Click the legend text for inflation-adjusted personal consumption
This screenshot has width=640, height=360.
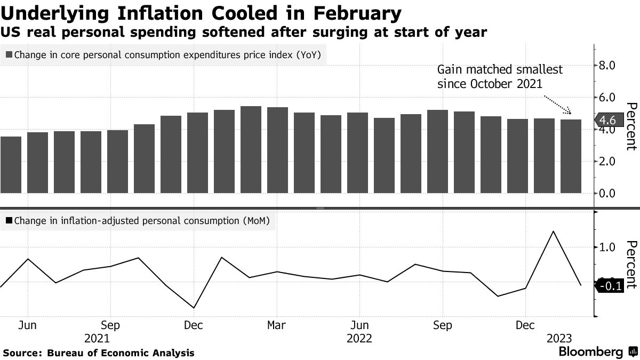[142, 220]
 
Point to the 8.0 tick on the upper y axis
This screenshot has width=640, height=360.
[608, 66]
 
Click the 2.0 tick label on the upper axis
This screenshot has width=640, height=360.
[608, 161]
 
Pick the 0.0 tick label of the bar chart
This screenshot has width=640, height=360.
[608, 193]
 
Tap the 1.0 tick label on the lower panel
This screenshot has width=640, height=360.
[608, 247]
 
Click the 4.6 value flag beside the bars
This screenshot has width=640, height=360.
[607, 119]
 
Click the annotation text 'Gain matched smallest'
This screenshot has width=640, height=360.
[500, 70]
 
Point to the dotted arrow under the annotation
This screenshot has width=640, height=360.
[558, 105]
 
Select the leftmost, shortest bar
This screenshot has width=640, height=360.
[11, 165]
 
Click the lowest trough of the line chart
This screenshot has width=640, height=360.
[193, 308]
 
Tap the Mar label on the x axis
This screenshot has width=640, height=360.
[276, 325]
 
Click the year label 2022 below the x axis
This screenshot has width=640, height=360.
[359, 339]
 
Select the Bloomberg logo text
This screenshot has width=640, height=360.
[590, 352]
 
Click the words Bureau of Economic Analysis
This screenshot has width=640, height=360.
[121, 353]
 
